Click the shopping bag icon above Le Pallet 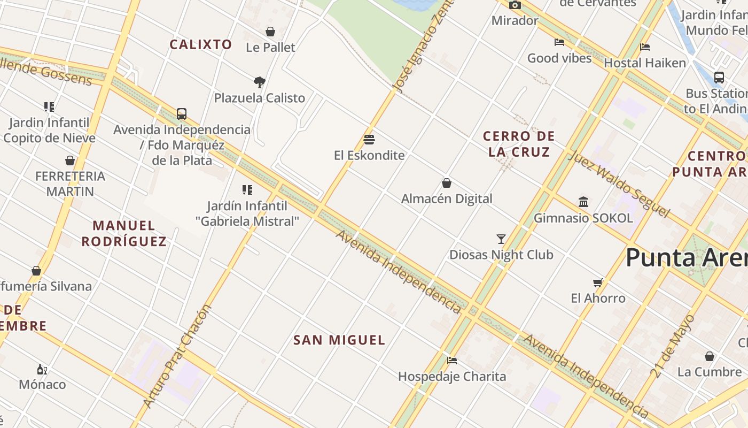pos(270,32)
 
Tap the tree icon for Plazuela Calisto pos(260,82)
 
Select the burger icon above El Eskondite pos(369,140)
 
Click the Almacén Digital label pos(447,198)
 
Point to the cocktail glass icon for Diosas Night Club pos(501,239)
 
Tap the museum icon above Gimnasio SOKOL pos(583,202)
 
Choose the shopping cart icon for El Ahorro pos(598,282)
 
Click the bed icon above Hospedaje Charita pos(452,361)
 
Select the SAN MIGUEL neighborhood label pos(339,340)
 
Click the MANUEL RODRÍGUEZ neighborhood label pos(124,233)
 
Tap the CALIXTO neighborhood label pos(201,44)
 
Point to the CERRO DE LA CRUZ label pos(519,144)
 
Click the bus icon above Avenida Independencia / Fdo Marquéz pos(182,114)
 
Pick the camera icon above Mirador pos(515,5)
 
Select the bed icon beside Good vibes pos(559,42)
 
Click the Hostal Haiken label pos(645,63)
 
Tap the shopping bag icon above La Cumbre pos(710,356)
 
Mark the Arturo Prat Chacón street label pos(177,356)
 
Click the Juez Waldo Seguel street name pos(618,184)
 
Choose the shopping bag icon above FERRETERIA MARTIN pos(70,160)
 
